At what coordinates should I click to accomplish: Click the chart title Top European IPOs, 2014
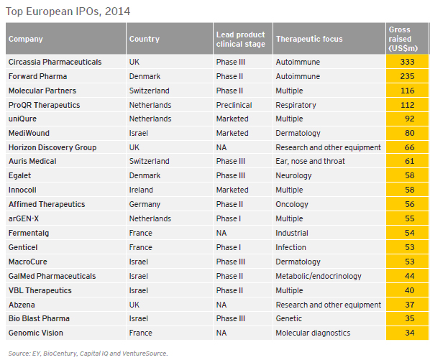(68, 11)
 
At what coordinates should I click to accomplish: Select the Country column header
(145, 39)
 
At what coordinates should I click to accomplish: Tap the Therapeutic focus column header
(309, 39)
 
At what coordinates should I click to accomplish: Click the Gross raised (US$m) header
(403, 39)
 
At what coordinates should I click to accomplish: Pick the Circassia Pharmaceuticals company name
(55, 62)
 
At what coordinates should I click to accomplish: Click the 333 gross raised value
(407, 62)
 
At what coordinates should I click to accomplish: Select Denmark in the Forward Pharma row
(145, 76)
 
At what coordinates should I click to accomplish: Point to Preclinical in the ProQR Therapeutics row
(234, 105)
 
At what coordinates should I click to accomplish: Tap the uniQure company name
(22, 119)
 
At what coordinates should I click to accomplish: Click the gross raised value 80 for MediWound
(409, 133)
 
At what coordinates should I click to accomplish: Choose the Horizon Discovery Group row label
(52, 147)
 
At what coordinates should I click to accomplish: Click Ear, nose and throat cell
(310, 161)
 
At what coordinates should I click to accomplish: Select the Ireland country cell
(141, 190)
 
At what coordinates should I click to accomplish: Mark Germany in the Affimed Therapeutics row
(145, 204)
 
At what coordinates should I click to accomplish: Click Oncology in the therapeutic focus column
(292, 204)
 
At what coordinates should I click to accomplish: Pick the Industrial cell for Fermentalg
(292, 233)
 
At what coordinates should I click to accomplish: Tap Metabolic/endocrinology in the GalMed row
(319, 276)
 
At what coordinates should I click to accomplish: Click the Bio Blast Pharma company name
(39, 318)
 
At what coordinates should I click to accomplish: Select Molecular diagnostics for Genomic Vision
(313, 333)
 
